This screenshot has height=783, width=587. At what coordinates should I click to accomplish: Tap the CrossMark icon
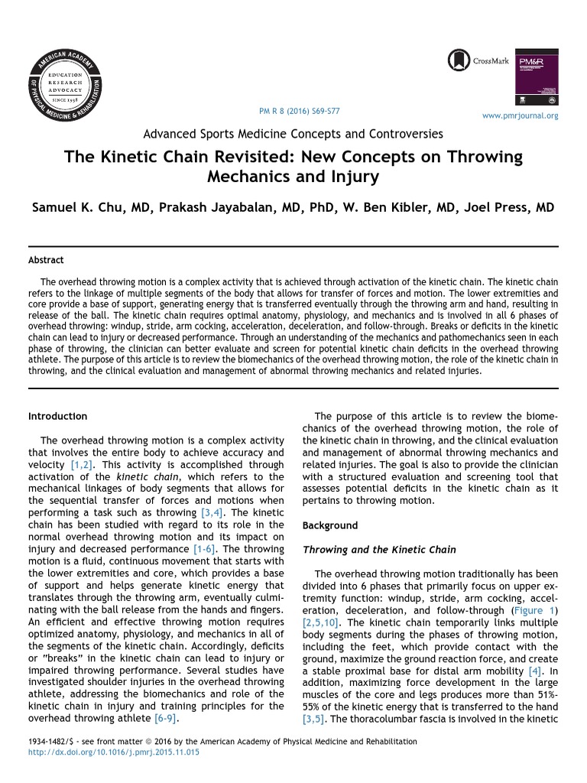(x=459, y=60)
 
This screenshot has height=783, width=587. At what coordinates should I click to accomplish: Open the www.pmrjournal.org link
(x=521, y=116)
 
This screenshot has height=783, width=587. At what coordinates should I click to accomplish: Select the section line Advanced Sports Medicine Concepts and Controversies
(x=293, y=134)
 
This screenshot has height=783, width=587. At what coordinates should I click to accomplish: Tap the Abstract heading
(x=46, y=260)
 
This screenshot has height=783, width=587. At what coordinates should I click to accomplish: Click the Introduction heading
(x=57, y=417)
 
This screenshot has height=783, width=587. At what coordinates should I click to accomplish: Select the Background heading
(x=330, y=526)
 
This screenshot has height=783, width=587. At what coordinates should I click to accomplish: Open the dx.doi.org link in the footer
(x=113, y=753)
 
